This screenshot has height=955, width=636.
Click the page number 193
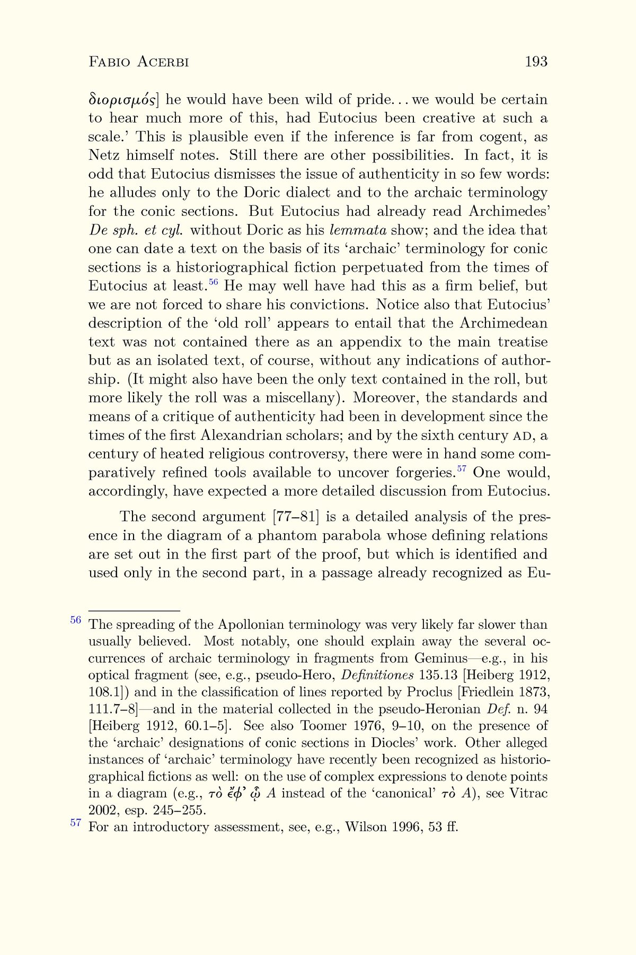(x=536, y=62)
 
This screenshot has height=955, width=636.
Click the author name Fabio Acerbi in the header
(x=138, y=62)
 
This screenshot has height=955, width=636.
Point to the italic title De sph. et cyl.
(x=136, y=230)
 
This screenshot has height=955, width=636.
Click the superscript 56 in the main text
(x=213, y=282)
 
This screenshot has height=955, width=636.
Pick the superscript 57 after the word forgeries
(x=462, y=468)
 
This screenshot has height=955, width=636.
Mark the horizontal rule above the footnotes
(x=134, y=611)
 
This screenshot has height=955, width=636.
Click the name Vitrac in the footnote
(x=528, y=794)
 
